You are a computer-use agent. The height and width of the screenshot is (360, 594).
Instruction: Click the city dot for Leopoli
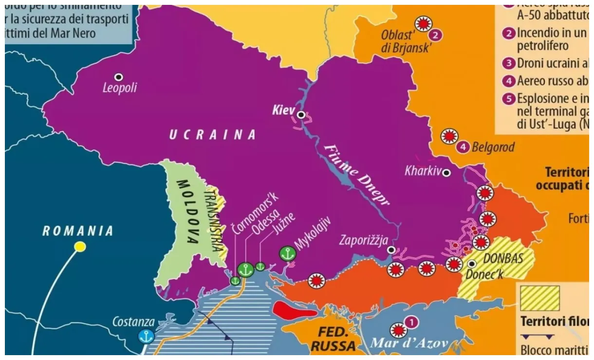pos(118,77)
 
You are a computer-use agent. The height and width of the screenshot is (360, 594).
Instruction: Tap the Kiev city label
pos(283,111)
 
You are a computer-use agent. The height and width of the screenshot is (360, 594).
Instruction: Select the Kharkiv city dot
pos(446,172)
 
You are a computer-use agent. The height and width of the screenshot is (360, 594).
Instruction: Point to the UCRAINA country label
pos(212,135)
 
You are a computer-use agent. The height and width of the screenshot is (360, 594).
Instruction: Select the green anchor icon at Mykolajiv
pos(287,253)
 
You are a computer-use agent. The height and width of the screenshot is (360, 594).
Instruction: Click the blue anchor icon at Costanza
pos(146,336)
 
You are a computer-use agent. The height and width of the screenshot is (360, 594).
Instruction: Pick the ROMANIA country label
pos(78,231)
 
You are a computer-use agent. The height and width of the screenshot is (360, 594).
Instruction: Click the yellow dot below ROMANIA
pos(80,247)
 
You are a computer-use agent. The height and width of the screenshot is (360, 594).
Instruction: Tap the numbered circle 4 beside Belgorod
pos(464,146)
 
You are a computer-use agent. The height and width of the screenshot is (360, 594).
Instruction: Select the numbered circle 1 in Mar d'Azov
pos(412,322)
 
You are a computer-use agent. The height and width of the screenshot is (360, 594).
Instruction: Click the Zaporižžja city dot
pos(391,250)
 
